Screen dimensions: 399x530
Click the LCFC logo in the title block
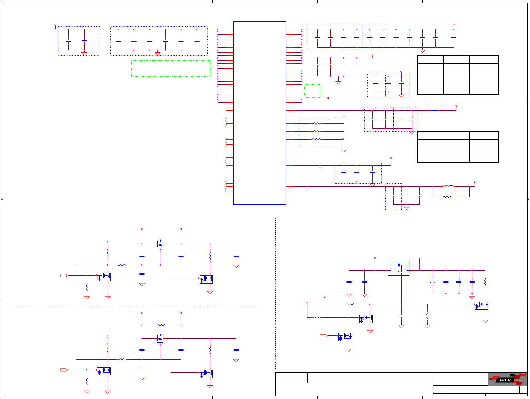(x=507, y=379)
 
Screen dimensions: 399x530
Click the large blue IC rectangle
(x=259, y=113)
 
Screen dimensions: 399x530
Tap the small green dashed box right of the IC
(x=312, y=91)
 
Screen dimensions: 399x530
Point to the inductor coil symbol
(x=448, y=186)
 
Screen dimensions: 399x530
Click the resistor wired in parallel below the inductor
(x=447, y=197)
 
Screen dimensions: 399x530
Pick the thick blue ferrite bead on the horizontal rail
(x=434, y=111)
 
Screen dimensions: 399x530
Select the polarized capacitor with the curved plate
(x=433, y=282)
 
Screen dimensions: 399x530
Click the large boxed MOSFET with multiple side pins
(x=398, y=268)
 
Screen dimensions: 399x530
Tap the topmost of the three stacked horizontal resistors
(x=316, y=123)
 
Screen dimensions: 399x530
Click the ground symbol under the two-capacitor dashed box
(x=84, y=54)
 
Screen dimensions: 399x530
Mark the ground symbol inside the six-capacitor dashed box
(x=157, y=54)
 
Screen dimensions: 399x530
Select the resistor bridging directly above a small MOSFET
(x=161, y=325)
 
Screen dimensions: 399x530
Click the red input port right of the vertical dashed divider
(x=324, y=336)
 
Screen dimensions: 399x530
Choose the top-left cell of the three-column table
(x=430, y=59)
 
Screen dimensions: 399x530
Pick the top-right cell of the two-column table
(x=483, y=135)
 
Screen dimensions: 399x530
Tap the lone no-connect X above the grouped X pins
(x=226, y=111)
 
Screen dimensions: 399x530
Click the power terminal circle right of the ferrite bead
(x=456, y=106)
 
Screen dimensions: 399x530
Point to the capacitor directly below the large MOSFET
(x=401, y=316)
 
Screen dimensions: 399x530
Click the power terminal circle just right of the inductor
(x=475, y=182)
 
